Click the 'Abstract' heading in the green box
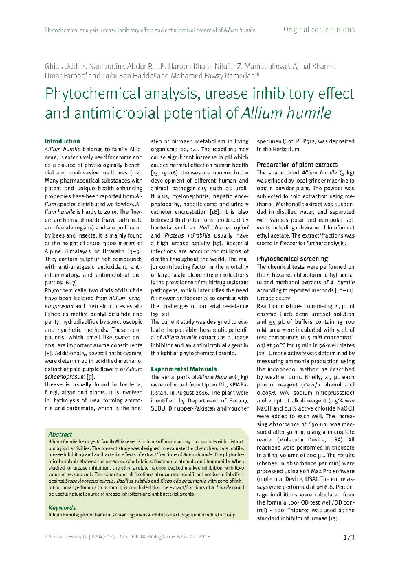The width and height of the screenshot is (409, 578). coord(60,434)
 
